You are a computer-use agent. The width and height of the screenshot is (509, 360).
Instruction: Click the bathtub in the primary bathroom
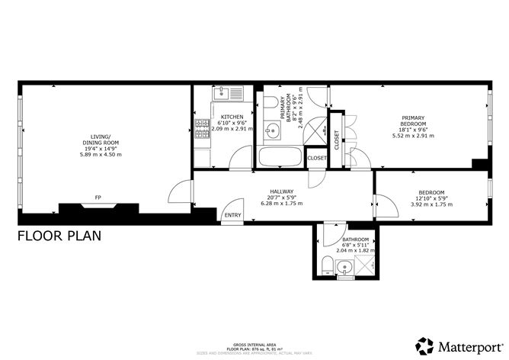280,158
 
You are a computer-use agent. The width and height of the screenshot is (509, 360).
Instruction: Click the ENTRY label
232,215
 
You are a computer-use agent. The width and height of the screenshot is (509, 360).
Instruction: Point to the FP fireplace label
98,198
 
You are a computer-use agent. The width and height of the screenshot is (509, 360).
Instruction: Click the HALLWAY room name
282,191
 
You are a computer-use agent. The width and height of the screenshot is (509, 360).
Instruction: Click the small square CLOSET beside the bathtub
317,158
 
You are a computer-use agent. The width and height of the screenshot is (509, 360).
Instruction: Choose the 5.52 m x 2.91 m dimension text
412,136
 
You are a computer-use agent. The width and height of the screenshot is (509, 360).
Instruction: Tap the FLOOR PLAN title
58,236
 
